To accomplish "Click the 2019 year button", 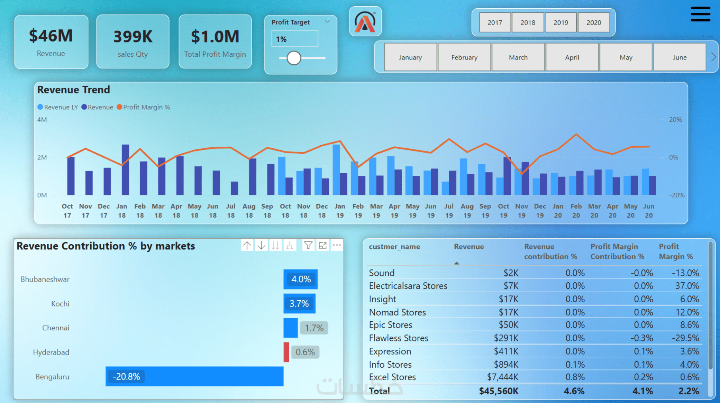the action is [560, 22].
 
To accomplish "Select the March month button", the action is [518, 57].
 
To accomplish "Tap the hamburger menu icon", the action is [700, 14].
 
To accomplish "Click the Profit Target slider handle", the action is [294, 58].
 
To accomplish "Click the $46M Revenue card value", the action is [51, 36].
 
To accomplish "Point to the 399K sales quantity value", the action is [133, 37].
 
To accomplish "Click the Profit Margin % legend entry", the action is [143, 107].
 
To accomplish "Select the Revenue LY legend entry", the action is [57, 107].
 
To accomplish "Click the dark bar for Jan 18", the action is [125, 170].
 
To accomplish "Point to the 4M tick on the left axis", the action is [42, 120].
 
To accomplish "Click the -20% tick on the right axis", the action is [676, 195].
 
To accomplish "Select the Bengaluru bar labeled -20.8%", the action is [194, 376].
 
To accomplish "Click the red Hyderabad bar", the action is [286, 352].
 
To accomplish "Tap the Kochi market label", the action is [60, 304].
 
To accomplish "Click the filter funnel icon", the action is [308, 245].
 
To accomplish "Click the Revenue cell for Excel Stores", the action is [502, 377].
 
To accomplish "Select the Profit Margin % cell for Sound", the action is [685, 273].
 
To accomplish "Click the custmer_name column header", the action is [394, 247].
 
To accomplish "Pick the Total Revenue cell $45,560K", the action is [499, 391].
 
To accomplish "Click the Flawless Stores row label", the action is [399, 338].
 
